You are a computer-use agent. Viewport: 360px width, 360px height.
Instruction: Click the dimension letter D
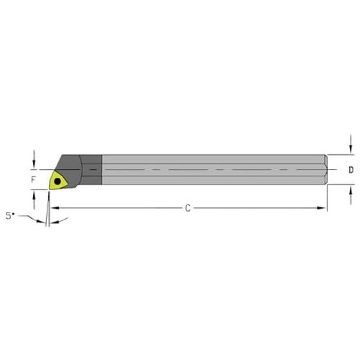[350, 170]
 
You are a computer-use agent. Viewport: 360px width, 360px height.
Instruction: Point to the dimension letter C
[187, 209]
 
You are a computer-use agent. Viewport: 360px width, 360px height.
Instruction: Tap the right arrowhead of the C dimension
[323, 209]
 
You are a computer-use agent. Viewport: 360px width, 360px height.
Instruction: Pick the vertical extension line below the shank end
[327, 198]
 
